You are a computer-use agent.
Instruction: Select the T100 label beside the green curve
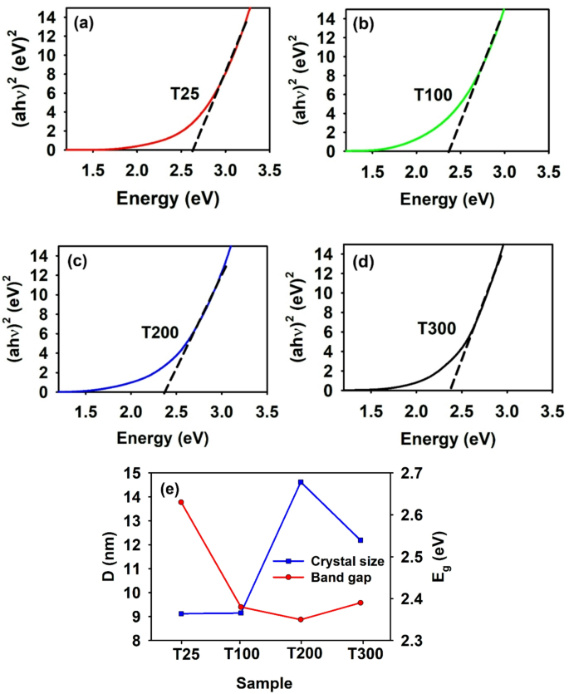(x=433, y=96)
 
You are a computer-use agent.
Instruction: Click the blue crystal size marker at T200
(x=301, y=482)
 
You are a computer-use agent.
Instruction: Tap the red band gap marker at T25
(x=181, y=502)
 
